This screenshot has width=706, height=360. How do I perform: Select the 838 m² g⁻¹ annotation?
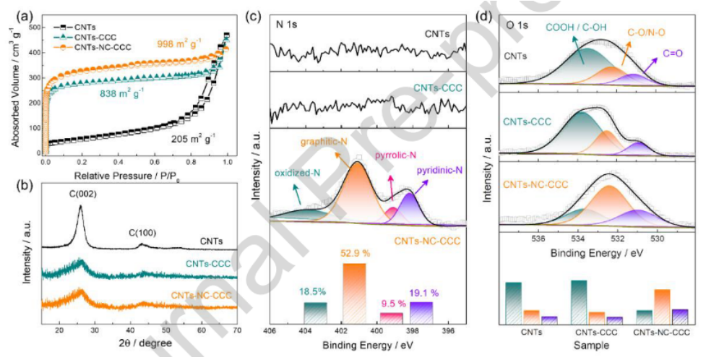pyautogui.click(x=119, y=93)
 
